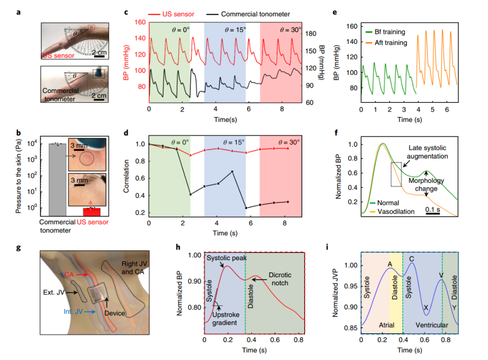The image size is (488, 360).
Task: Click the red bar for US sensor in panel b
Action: coord(92,211)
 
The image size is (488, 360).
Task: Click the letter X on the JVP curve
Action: coord(426,307)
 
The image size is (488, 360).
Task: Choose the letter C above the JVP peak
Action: coord(412,258)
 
